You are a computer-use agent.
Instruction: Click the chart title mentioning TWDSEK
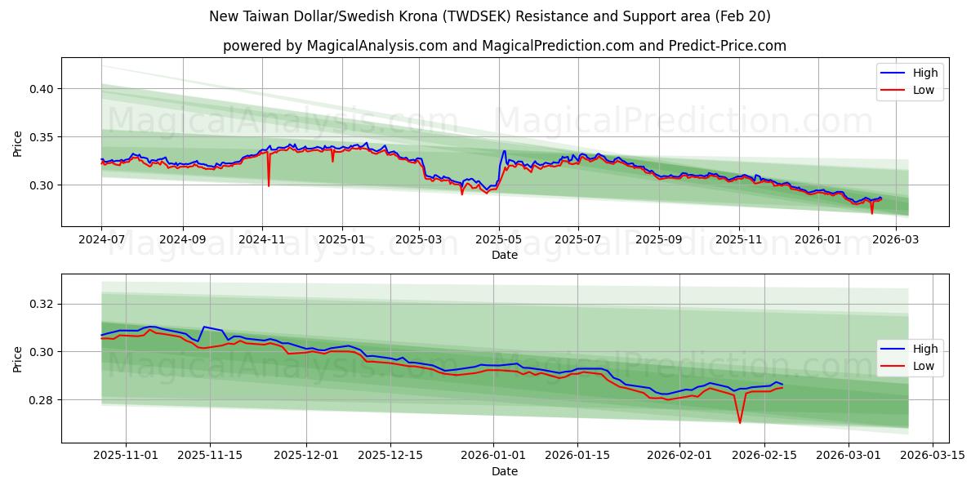point(489,16)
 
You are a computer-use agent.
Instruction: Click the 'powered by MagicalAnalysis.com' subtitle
point(504,46)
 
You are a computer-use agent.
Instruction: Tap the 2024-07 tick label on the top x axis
point(101,240)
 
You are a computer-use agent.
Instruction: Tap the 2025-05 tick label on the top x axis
point(499,240)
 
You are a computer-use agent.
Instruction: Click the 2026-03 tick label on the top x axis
point(896,240)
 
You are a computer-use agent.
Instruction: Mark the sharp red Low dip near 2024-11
point(269,185)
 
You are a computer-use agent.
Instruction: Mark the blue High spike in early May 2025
point(504,151)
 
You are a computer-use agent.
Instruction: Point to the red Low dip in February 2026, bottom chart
point(740,422)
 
